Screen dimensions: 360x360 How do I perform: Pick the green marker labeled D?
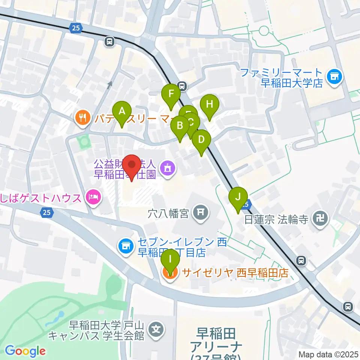coord(201,141)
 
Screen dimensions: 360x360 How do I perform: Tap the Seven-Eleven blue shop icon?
coord(126,246)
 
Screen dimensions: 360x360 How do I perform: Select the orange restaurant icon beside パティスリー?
coord(82,118)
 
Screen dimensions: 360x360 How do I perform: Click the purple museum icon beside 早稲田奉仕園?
coord(166,168)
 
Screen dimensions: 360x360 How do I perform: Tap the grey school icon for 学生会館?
coord(155,330)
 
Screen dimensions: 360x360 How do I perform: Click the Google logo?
coord(25,351)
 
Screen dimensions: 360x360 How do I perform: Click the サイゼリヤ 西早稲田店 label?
coord(235,273)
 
